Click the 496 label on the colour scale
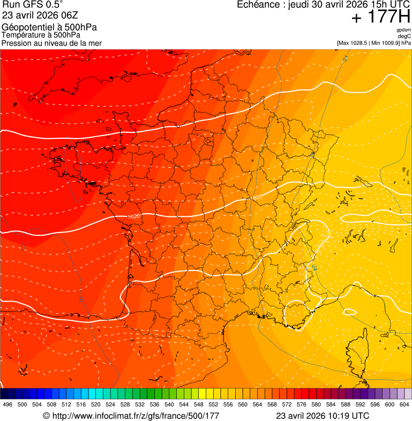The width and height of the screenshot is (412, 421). click(x=8, y=404)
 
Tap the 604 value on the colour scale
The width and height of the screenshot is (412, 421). click(x=404, y=404)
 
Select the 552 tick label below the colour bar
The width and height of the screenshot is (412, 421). click(x=213, y=404)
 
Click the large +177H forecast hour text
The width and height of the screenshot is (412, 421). click(x=380, y=18)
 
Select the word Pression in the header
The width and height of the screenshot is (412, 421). click(x=17, y=43)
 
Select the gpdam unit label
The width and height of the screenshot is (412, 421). click(x=403, y=30)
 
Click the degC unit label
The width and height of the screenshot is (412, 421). click(x=405, y=36)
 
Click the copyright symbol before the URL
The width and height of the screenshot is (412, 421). click(x=46, y=416)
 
